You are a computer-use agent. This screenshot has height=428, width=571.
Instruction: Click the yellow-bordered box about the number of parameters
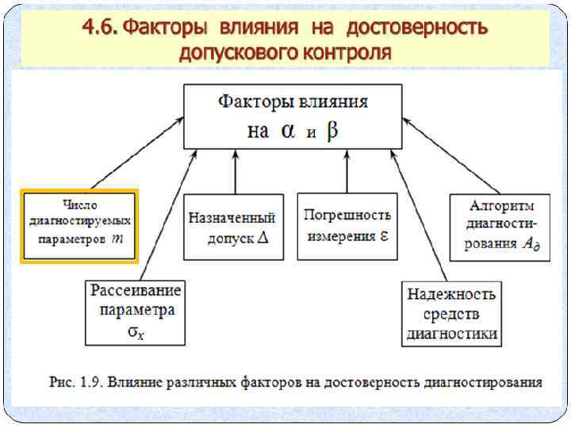[79, 225]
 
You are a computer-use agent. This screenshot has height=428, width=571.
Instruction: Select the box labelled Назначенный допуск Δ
[233, 227]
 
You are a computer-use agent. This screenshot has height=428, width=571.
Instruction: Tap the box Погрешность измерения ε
[347, 226]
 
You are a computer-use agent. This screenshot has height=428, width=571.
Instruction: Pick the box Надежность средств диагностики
[451, 313]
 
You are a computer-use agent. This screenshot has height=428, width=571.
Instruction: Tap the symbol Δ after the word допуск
[264, 238]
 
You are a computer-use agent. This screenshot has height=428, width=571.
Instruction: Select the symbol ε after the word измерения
[383, 235]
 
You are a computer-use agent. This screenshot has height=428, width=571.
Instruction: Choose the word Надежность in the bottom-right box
[451, 295]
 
